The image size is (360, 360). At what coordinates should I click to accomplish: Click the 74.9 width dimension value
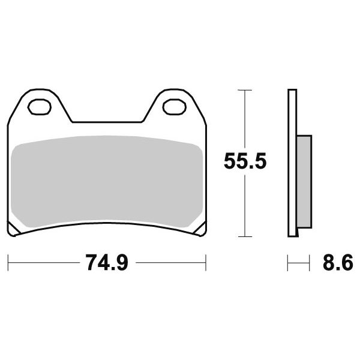pyautogui.click(x=107, y=263)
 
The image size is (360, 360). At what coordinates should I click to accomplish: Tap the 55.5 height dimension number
pyautogui.click(x=245, y=161)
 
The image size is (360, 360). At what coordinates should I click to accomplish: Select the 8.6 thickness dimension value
pyautogui.click(x=338, y=263)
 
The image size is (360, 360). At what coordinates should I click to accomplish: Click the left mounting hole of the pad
pyautogui.click(x=39, y=107)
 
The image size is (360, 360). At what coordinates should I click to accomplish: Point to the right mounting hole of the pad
pyautogui.click(x=174, y=107)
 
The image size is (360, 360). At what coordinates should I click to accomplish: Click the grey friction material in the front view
pyautogui.click(x=107, y=181)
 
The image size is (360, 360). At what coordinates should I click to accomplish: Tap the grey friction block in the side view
pyautogui.click(x=304, y=182)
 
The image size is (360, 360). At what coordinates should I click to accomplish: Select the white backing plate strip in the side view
pyautogui.click(x=292, y=163)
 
